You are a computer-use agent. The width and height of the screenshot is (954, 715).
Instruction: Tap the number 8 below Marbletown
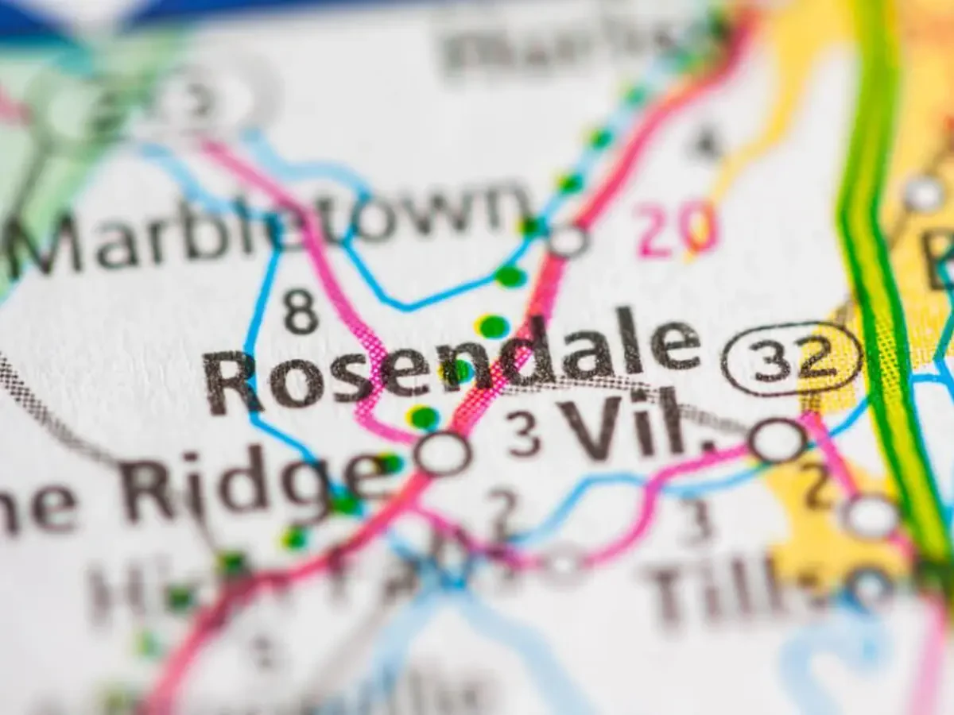pyautogui.click(x=301, y=311)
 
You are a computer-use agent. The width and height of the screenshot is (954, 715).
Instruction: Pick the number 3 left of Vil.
pyautogui.click(x=524, y=435)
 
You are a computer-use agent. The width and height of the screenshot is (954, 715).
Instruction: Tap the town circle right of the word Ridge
pyautogui.click(x=443, y=454)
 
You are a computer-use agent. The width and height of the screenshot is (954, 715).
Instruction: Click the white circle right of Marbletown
pyautogui.click(x=568, y=240)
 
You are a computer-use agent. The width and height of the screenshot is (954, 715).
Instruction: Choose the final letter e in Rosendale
pyautogui.click(x=675, y=345)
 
